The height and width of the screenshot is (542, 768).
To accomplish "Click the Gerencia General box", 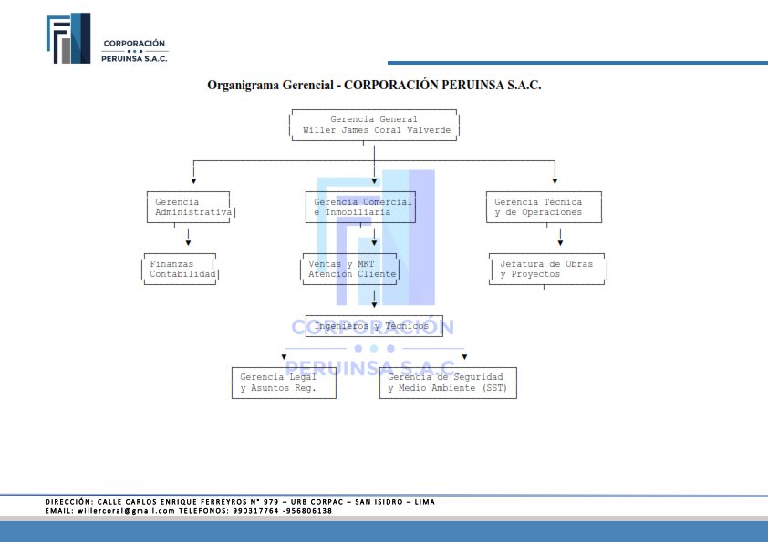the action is pos(374,125).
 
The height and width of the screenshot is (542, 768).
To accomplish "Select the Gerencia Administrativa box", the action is pos(191,208).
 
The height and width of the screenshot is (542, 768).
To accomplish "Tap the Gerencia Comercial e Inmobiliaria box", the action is pos(360,208).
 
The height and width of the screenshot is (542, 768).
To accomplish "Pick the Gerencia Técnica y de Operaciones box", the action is pos(544,208).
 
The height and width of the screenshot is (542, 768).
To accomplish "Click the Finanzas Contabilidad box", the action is pos(181,269).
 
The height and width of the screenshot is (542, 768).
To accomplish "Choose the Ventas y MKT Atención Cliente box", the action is pos(349,269).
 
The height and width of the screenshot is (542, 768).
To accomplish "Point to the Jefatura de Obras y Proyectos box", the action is pos(548,269).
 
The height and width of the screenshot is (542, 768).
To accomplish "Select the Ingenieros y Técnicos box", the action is pos(374,326).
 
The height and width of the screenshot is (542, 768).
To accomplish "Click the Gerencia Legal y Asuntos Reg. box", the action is pos(284,383).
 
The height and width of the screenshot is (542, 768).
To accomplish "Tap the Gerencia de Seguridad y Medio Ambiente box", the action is pos(448,383).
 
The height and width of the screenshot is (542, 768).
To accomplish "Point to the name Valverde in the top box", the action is pos(429,130).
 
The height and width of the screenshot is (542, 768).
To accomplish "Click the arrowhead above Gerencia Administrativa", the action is pos(194,181).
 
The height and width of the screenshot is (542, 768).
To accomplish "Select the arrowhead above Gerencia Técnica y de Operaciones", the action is pos(555,181).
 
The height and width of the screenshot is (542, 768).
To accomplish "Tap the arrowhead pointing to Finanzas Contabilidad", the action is pos(188,243).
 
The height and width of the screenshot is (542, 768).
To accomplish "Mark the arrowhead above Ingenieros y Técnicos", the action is pos(374,305).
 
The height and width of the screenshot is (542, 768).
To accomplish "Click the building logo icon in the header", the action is pos(68,38).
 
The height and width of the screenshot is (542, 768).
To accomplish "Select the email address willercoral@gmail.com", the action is pos(126,511).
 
